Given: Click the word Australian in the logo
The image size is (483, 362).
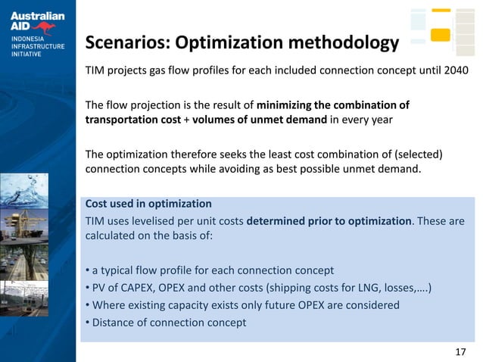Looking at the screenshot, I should [37, 16].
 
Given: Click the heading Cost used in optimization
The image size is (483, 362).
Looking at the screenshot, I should [148, 204].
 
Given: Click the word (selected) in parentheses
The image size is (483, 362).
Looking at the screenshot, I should [415, 154].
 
